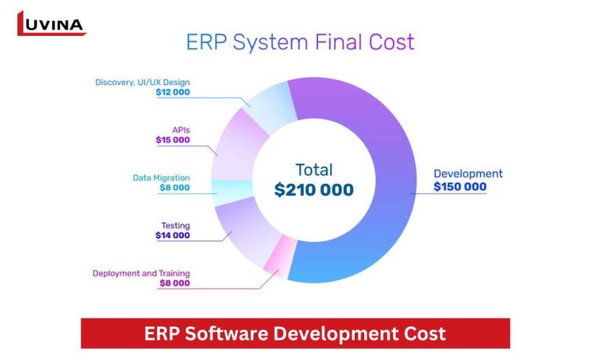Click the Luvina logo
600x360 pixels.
[50, 23]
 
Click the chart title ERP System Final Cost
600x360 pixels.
[300, 41]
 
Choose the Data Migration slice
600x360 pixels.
[232, 188]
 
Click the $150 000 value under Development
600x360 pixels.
[460, 187]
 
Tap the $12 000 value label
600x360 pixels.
[173, 92]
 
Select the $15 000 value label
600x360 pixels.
[173, 140]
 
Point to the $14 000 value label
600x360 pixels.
[173, 235]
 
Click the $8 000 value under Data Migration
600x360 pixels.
[175, 187]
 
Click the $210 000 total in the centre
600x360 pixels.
[314, 189]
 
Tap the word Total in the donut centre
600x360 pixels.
[314, 169]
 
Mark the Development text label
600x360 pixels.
[469, 173]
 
